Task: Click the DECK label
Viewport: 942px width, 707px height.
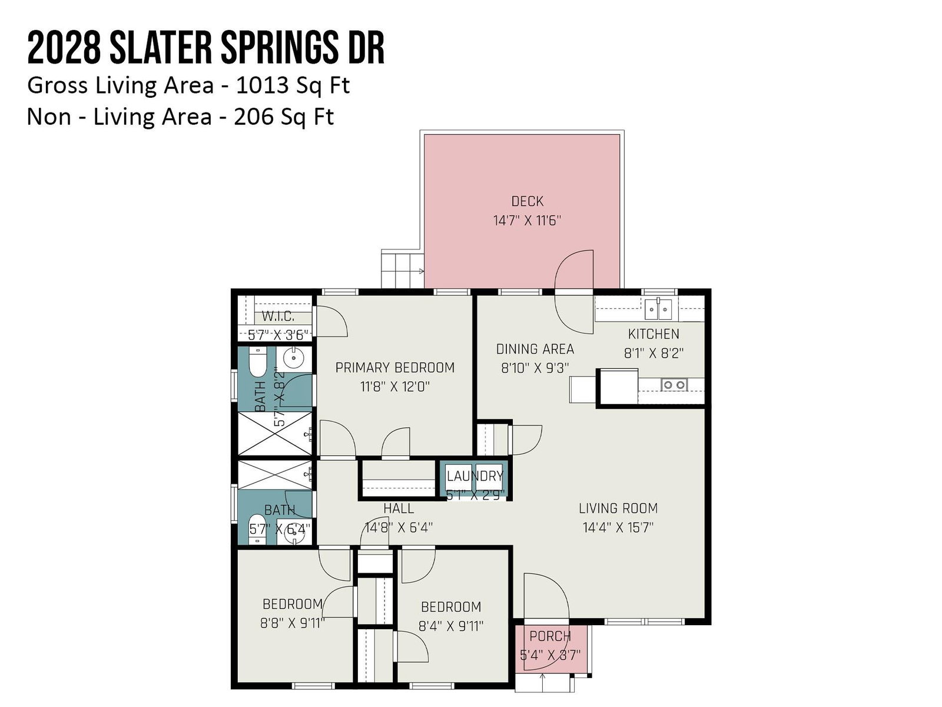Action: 527,201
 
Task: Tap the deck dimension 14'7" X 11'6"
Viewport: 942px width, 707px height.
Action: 527,220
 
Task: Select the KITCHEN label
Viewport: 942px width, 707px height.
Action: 653,333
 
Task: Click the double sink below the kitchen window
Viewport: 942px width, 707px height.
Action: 658,309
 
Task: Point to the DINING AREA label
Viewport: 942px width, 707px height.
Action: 535,349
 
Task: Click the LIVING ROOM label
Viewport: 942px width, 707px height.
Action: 618,508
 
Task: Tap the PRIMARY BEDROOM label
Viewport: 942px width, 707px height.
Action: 395,368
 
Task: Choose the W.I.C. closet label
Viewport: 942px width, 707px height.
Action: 278,316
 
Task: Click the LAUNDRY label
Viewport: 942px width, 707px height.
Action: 475,476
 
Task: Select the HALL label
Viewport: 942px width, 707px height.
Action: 399,508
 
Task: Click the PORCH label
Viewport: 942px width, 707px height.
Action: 550,636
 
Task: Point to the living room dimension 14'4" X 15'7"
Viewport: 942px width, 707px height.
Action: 618,527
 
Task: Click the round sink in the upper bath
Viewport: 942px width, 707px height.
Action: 294,357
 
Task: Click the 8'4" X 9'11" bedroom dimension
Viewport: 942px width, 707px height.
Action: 450,626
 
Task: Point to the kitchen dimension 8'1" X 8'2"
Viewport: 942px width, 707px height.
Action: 653,353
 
